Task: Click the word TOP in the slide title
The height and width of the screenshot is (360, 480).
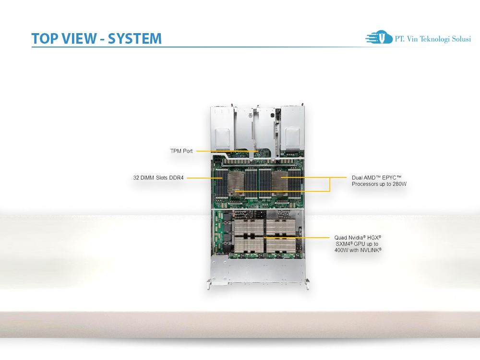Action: coord(45,38)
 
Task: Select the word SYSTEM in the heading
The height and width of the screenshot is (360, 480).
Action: coord(135,38)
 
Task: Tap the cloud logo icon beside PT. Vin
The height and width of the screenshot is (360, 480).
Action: coord(379,38)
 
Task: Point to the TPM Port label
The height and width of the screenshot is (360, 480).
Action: coord(181,151)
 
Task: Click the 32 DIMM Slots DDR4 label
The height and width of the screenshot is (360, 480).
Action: coord(158,178)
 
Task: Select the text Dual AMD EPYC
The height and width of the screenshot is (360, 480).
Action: coord(376,177)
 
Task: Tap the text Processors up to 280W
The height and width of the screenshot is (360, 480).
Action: coord(379,184)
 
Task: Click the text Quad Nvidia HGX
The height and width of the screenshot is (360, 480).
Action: coord(358,237)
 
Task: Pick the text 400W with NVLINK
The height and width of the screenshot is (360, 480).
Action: coord(358,250)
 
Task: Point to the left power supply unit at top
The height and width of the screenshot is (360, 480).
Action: coord(222,127)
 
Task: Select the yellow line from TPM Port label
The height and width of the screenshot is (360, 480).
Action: coord(226,151)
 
